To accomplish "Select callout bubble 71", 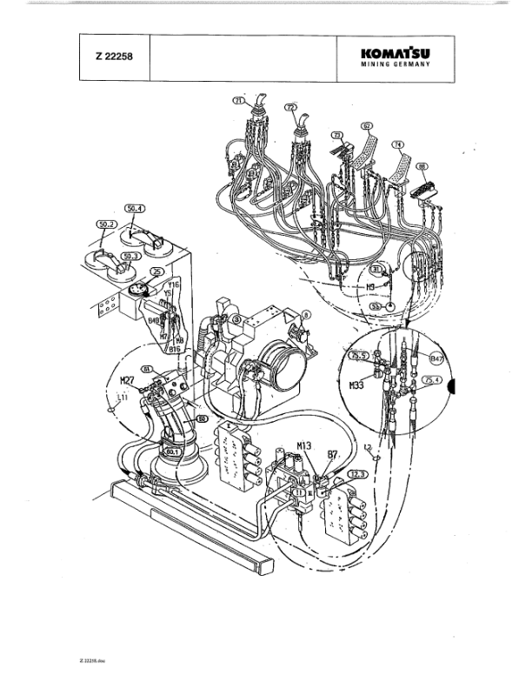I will pos(241,102).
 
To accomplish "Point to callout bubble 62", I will pos(368,125).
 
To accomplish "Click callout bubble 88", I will pos(422,164).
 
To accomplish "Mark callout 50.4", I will pos(136,209).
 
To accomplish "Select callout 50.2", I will pos(107,224).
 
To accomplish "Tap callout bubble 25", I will pos(156,272).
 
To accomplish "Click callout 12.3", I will pos(357,473).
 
